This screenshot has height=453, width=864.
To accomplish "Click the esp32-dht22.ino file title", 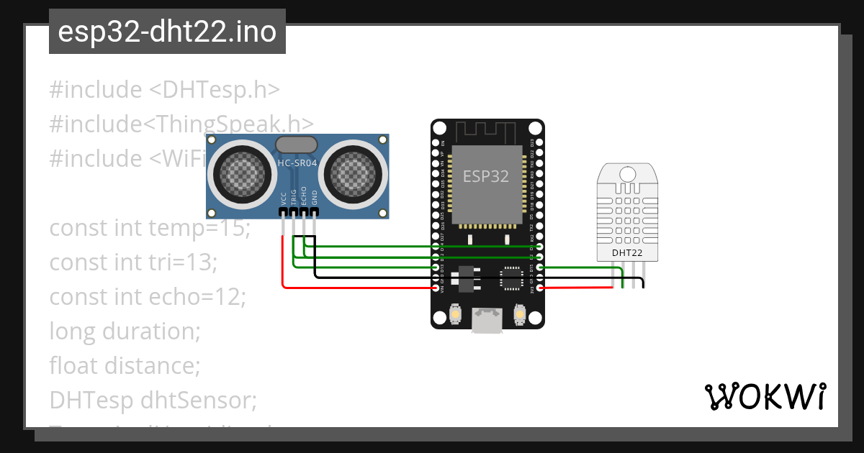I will [x=167, y=32].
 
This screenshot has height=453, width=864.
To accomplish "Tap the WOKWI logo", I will [x=765, y=396].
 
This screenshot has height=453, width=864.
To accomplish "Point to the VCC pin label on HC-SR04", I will [x=284, y=198].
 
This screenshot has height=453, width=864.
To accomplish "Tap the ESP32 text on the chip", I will [x=486, y=176].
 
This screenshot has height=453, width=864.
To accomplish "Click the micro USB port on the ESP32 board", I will [x=487, y=320].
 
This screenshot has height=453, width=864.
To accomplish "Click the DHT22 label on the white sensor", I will [x=626, y=253].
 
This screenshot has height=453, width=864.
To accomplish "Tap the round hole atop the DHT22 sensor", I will [x=627, y=173].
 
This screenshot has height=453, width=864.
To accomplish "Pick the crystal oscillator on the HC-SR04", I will [x=296, y=145].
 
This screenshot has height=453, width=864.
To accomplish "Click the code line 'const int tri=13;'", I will [x=133, y=263].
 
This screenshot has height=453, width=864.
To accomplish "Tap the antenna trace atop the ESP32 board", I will [x=487, y=132].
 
